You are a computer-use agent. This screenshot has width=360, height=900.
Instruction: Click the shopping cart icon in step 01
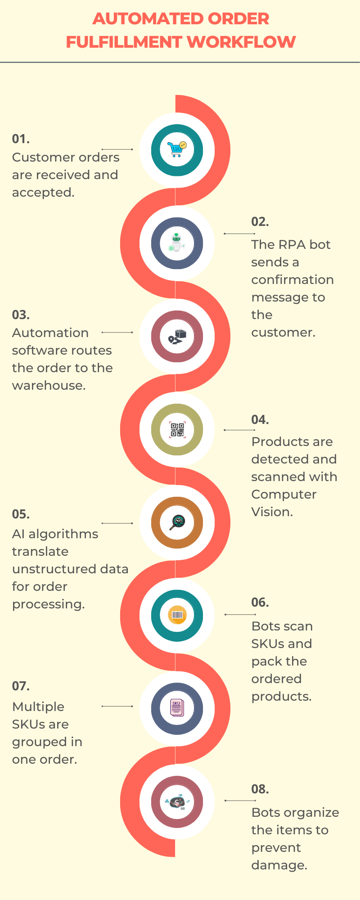[176, 149]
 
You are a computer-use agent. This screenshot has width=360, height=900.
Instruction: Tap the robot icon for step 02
[176, 243]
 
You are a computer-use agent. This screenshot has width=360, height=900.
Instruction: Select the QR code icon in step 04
[177, 430]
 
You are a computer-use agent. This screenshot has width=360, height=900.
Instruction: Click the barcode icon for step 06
[177, 615]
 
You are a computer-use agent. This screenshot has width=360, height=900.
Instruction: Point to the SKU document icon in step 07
[176, 708]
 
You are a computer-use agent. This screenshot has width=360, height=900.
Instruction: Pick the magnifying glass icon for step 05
[176, 523]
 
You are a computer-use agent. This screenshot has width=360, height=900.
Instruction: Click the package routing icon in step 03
[177, 337]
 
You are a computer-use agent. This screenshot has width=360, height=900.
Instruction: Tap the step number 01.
[21, 139]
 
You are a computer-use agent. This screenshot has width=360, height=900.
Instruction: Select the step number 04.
[260, 420]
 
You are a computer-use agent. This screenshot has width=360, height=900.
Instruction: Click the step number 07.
[21, 686]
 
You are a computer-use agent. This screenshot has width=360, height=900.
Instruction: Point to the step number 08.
[260, 789]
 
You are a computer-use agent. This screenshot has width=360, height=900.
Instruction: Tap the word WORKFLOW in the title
[241, 42]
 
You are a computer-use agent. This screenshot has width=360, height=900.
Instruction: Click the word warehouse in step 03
[49, 386]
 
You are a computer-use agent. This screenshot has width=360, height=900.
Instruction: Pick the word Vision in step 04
[272, 512]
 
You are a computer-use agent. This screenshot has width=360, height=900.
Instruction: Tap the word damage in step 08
[279, 865]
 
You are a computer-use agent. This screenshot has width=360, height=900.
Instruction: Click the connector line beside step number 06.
[240, 614]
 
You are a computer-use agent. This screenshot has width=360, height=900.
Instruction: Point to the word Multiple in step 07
[38, 707]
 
